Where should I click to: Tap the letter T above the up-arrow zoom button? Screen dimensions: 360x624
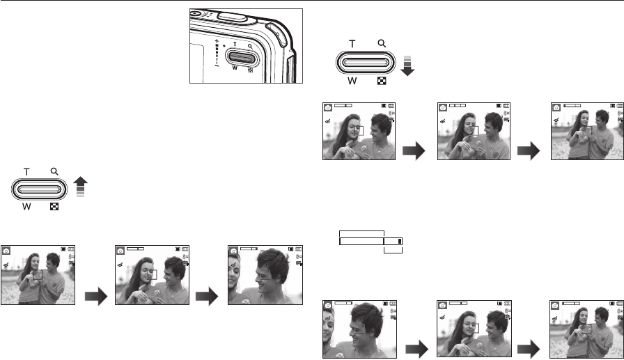pos(26,171)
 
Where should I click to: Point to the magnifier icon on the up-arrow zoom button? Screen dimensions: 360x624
pos(54,171)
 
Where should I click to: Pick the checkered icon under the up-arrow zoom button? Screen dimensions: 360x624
pos(54,207)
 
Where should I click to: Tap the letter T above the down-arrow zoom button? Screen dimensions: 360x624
pos(352,43)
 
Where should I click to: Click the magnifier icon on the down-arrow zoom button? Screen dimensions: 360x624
pos(382,43)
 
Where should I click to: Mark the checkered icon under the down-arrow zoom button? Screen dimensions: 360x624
pos(382,80)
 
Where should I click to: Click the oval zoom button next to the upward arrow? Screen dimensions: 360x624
pos(39,189)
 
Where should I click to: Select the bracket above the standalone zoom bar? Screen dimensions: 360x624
pos(361,232)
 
